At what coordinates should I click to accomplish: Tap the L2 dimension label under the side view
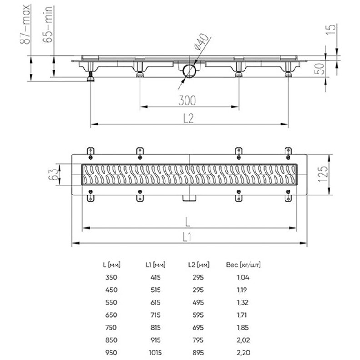click(x=189, y=117)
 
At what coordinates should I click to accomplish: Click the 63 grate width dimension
click(x=54, y=174)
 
